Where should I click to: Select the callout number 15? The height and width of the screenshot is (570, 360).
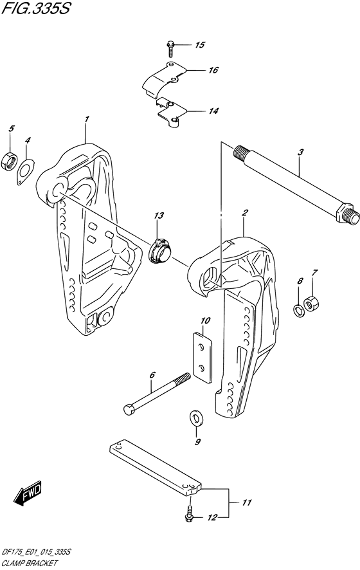tap(199, 45)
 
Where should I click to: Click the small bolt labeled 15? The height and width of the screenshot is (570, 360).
tap(170, 46)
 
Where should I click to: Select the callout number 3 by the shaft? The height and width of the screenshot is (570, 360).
tap(301, 152)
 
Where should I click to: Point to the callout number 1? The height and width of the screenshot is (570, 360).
tap(86, 119)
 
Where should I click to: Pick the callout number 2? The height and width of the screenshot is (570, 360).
tap(244, 212)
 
